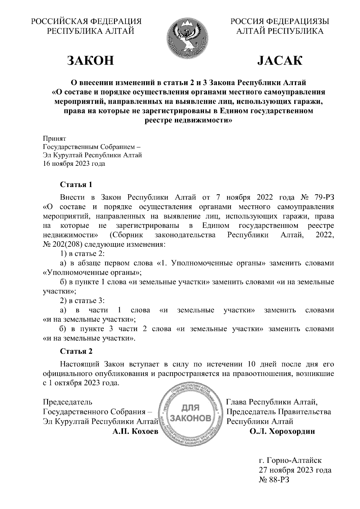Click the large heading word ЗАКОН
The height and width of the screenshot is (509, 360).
tap(90, 61)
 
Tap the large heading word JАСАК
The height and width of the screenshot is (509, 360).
tap(280, 61)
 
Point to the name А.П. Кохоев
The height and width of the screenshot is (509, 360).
tap(135, 432)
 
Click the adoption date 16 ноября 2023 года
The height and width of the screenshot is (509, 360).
tap(74, 164)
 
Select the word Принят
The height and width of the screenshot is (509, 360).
tap(54, 139)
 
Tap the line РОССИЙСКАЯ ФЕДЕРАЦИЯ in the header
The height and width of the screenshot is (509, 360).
tap(87, 21)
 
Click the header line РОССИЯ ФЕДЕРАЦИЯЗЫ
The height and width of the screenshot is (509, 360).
tap(280, 21)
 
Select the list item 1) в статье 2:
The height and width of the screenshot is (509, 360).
tap(82, 254)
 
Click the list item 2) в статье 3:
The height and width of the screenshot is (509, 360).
tap(82, 301)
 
